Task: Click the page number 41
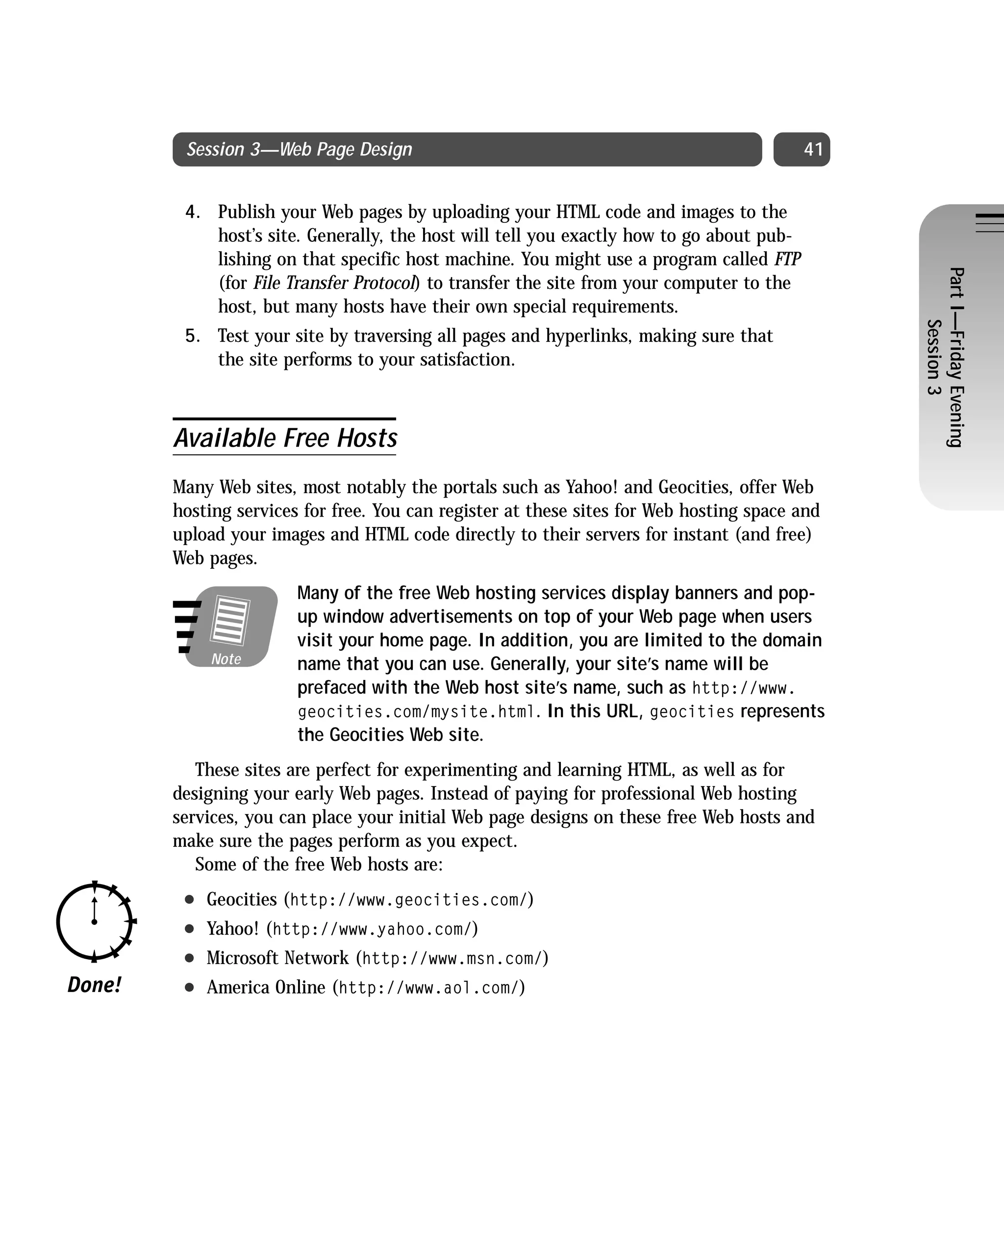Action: pos(812,150)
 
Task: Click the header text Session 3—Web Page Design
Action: pos(299,150)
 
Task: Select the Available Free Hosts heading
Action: pos(285,438)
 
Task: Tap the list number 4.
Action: pos(192,212)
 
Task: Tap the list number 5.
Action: pos(192,337)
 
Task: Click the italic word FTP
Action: pos(787,260)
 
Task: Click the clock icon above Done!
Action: pos(95,921)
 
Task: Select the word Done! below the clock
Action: pos(95,985)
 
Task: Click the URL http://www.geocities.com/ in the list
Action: pos(408,900)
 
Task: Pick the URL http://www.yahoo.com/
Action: pos(372,929)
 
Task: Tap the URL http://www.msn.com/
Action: pos(452,959)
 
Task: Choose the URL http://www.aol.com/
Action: pos(428,988)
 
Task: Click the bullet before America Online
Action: pos(189,988)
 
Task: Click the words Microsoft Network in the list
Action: pos(277,958)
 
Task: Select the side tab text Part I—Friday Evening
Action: pos(955,357)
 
